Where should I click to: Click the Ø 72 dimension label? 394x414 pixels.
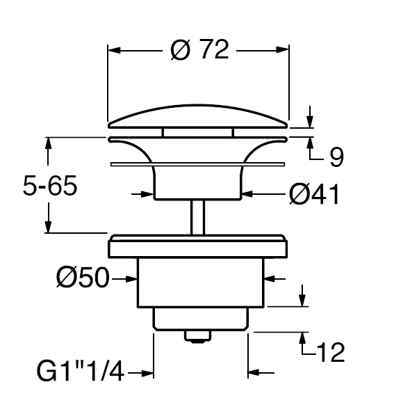pyautogui.click(x=199, y=50)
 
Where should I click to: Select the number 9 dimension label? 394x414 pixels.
pyautogui.click(x=336, y=157)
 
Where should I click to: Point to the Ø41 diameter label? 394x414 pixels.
pyautogui.click(x=313, y=196)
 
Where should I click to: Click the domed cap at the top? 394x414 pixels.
pyautogui.click(x=198, y=117)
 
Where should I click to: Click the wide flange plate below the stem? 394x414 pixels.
pyautogui.click(x=198, y=247)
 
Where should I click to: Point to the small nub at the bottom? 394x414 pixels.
pyautogui.click(x=198, y=336)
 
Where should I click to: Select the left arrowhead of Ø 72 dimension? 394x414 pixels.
pyautogui.click(x=113, y=50)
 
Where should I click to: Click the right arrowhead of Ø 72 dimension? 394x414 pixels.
pyautogui.click(x=283, y=50)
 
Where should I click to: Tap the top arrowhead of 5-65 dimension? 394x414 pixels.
pyautogui.click(x=48, y=143)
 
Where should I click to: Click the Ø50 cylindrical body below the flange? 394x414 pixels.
pyautogui.click(x=198, y=282)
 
